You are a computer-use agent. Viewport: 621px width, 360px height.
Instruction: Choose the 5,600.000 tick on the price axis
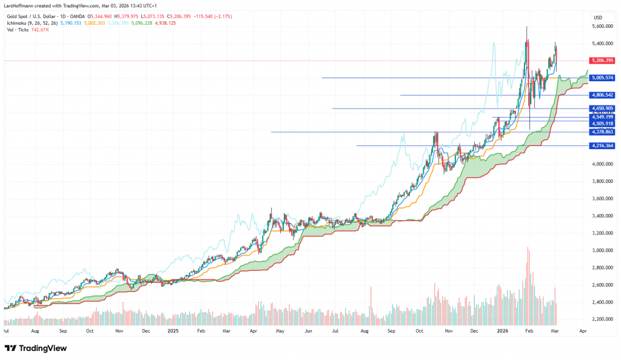602,27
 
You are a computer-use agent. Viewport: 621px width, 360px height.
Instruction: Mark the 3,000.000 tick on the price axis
602,250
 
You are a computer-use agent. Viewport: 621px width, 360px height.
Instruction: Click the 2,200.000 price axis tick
602,319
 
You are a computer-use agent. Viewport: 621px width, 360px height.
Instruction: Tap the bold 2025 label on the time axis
173,332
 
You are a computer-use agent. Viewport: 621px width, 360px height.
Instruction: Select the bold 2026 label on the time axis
502,332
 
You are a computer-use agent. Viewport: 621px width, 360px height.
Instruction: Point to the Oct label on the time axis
90,332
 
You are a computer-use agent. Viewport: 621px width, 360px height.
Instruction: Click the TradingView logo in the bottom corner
36,348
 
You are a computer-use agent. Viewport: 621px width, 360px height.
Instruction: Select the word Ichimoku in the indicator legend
18,22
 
